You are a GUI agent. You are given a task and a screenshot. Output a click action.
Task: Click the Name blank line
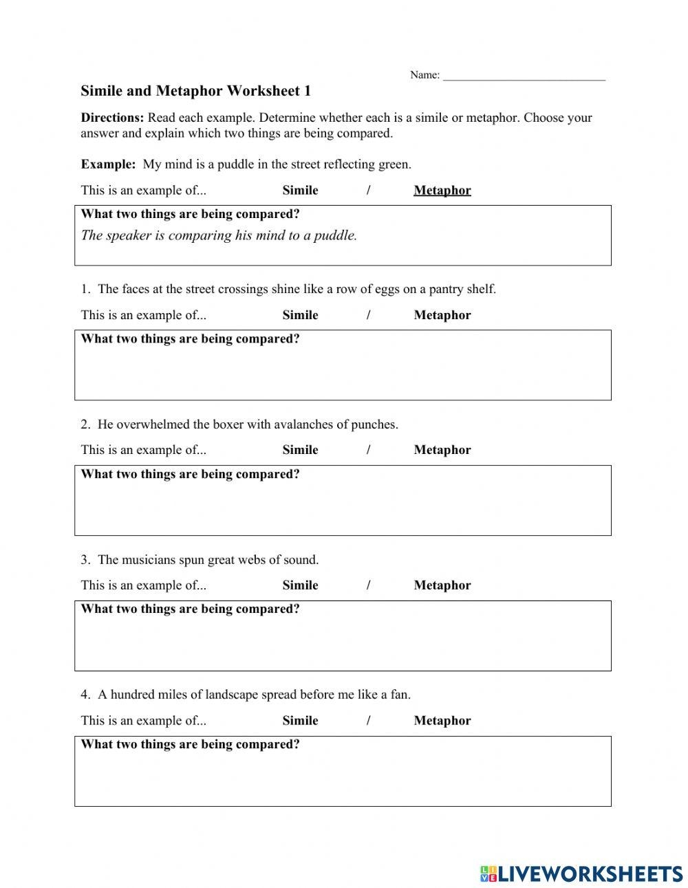click(524, 77)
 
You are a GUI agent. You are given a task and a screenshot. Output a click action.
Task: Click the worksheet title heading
click(195, 91)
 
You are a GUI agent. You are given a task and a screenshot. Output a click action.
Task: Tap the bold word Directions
click(112, 118)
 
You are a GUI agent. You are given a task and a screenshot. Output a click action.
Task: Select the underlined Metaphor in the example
click(442, 191)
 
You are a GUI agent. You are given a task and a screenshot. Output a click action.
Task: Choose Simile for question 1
click(300, 315)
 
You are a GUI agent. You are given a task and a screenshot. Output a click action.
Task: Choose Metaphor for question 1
click(442, 315)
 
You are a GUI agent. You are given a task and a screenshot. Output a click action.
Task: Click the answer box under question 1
click(343, 371)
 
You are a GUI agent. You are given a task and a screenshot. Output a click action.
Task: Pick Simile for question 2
click(300, 450)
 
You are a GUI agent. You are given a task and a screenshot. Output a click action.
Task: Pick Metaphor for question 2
click(442, 450)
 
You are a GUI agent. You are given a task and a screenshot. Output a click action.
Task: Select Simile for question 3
click(300, 585)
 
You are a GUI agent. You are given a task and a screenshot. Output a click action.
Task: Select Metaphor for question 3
click(442, 585)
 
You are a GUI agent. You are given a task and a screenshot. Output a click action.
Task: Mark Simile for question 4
click(300, 721)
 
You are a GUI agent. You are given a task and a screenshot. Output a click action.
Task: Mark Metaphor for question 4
click(442, 721)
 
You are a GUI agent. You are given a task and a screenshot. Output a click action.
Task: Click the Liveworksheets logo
click(581, 873)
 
